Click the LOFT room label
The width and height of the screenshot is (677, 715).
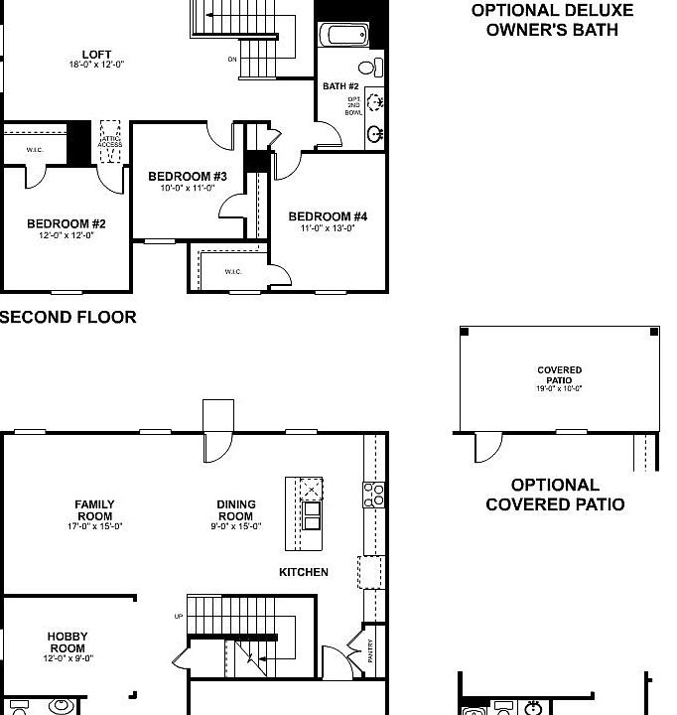(97, 55)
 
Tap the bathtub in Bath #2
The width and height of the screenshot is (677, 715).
(342, 35)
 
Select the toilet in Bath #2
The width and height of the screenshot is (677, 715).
(368, 69)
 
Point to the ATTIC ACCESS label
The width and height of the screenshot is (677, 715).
(110, 141)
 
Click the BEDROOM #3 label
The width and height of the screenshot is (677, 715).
(188, 177)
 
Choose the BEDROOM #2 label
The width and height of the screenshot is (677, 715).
(66, 223)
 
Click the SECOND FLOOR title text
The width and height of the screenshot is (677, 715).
(68, 318)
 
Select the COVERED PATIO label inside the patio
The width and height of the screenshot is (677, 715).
(559, 375)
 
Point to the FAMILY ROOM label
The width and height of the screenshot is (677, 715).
(94, 510)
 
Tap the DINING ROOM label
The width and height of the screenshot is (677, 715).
(236, 510)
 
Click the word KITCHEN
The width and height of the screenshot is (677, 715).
(303, 572)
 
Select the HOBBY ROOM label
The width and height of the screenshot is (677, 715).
(68, 642)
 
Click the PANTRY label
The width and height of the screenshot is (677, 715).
(370, 650)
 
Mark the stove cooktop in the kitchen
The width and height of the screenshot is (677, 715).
(375, 495)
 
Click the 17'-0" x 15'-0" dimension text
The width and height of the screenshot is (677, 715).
(94, 526)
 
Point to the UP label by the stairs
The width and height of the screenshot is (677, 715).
(179, 617)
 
